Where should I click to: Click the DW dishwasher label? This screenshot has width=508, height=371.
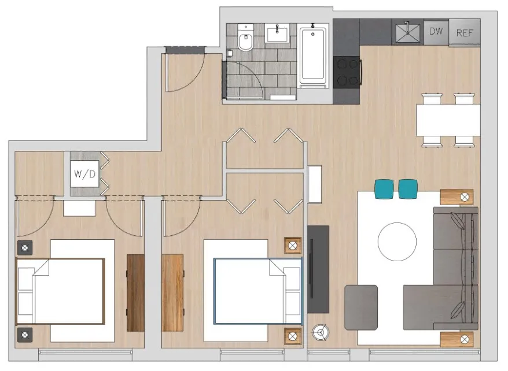click(x=436, y=31)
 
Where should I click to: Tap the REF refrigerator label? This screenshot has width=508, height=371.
click(x=465, y=32)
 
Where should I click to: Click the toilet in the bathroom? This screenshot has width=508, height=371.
click(x=245, y=40)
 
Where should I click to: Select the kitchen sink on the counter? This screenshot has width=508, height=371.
click(x=408, y=31)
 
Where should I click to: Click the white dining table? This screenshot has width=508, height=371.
click(x=448, y=120)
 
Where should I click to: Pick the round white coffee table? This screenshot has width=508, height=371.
click(x=397, y=242)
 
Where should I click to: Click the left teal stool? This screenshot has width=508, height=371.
click(x=384, y=188)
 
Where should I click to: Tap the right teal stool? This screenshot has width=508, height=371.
click(x=408, y=188)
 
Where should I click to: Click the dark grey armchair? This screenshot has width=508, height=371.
click(x=361, y=306)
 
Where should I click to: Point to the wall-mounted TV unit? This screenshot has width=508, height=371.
click(x=318, y=269)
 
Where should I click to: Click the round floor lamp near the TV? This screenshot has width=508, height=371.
click(x=320, y=332)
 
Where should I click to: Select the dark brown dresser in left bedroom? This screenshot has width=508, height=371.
click(x=135, y=292)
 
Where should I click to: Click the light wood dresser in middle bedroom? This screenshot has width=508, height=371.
click(x=172, y=292)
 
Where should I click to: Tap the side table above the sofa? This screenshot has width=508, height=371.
click(x=457, y=197)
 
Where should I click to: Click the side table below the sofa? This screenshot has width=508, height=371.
click(x=457, y=339)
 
